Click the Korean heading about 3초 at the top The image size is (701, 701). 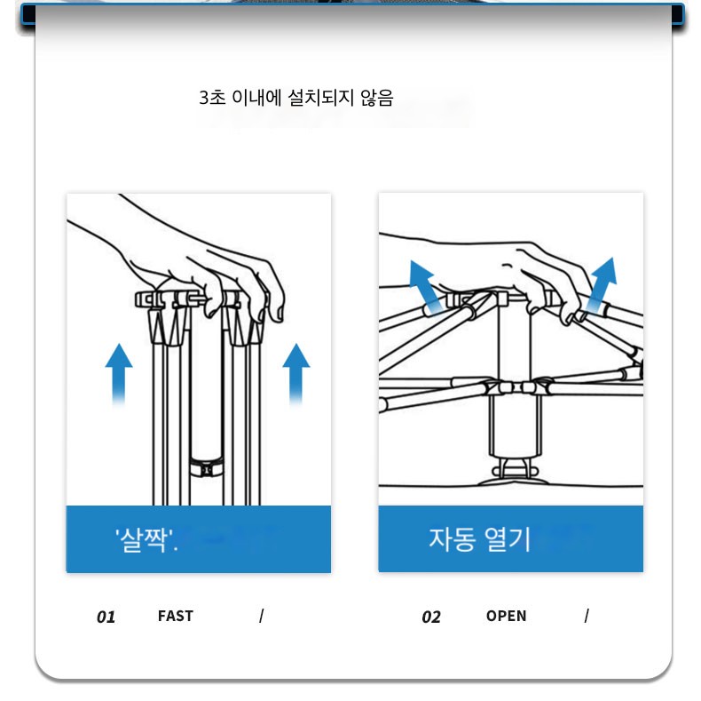(x=296, y=98)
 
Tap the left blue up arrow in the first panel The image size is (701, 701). (x=119, y=374)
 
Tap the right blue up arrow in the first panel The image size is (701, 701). (x=296, y=374)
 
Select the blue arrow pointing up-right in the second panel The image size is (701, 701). (x=602, y=285)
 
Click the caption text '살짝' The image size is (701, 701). (x=146, y=540)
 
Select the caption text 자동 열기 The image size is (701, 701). (x=479, y=539)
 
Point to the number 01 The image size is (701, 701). (x=106, y=617)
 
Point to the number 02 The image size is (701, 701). (x=431, y=617)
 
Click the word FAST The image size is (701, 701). (x=176, y=616)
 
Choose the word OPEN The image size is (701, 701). (x=506, y=616)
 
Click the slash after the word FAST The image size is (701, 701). (x=262, y=616)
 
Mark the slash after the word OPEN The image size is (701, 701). (x=587, y=616)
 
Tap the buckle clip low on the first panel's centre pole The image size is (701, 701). (x=206, y=468)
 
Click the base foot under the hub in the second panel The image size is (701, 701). (x=514, y=474)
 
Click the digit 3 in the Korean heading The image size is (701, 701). (x=204, y=98)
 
